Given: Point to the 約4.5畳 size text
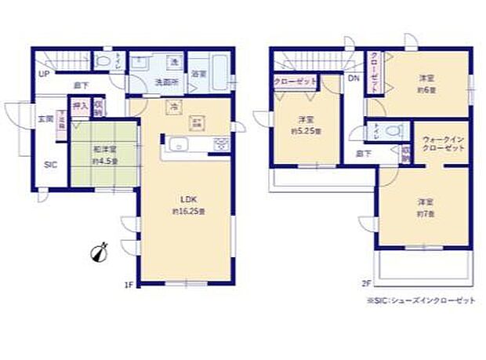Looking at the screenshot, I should (104, 162).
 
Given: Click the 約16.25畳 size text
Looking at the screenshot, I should (188, 212).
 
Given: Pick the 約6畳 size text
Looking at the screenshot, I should (426, 89).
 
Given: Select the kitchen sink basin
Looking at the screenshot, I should (178, 144).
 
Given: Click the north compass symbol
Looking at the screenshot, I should (100, 253).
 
